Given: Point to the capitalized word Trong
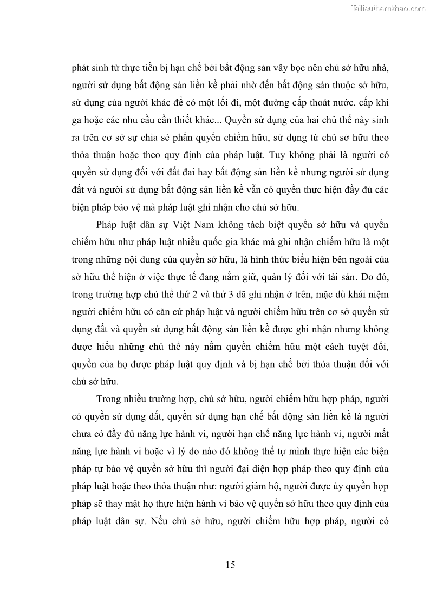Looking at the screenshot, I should coord(108,400).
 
